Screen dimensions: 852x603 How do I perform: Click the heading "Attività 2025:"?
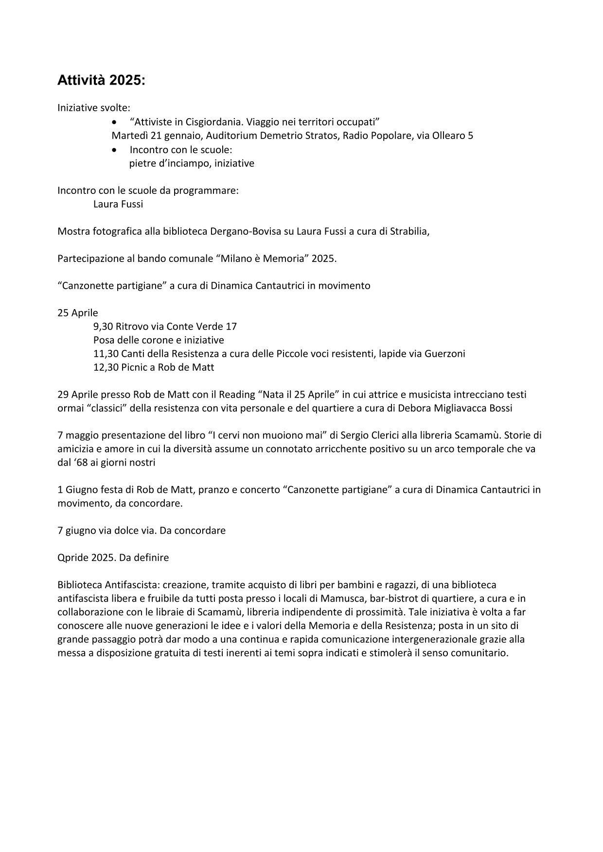(x=101, y=81)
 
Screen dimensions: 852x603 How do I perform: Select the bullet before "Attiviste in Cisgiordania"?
(x=114, y=122)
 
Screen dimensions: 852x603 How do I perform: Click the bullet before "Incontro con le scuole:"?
(x=114, y=150)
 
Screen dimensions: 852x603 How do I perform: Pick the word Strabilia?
(x=409, y=231)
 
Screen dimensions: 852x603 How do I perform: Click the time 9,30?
(x=103, y=327)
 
